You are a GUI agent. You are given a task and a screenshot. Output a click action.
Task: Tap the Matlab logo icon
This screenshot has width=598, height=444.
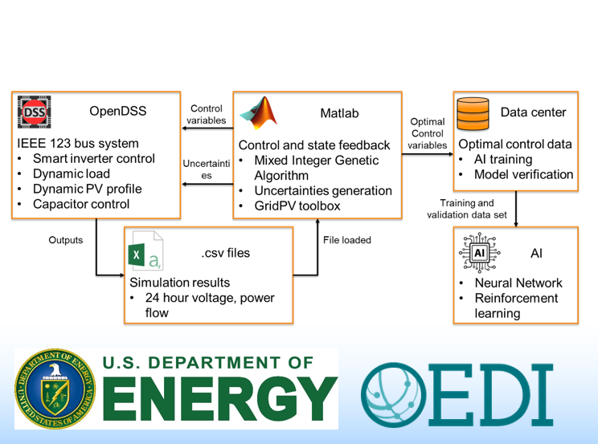tap(258, 112)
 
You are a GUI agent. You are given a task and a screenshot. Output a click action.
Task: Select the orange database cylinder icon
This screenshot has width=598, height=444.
tap(473, 112)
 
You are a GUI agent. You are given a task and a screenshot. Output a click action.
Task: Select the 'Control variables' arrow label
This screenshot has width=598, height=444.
tap(206, 114)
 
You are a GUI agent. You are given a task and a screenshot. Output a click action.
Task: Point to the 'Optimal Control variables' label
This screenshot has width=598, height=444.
tap(427, 133)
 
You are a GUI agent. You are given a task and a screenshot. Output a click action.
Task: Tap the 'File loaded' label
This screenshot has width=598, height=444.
tap(346, 240)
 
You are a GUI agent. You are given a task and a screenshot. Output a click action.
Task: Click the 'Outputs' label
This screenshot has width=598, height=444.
tap(66, 240)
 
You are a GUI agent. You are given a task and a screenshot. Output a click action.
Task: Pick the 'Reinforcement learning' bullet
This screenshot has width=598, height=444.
tap(516, 305)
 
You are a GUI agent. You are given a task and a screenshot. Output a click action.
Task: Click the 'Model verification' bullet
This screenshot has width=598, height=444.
tap(523, 174)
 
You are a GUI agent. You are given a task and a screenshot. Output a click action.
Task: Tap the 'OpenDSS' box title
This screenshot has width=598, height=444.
tap(118, 112)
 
